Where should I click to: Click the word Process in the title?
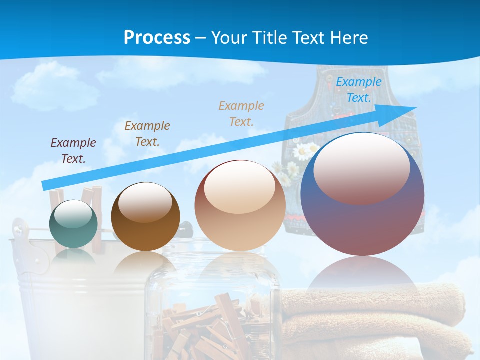(157, 38)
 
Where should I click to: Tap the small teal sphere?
(74, 225)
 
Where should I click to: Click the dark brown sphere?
(145, 217)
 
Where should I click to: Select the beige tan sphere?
(240, 206)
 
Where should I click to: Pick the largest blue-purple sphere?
(362, 195)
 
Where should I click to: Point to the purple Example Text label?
(73, 150)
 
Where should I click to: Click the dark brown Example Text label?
(147, 133)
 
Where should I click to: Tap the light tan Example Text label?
(241, 113)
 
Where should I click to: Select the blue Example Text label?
(358, 90)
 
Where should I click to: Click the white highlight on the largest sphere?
(361, 167)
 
